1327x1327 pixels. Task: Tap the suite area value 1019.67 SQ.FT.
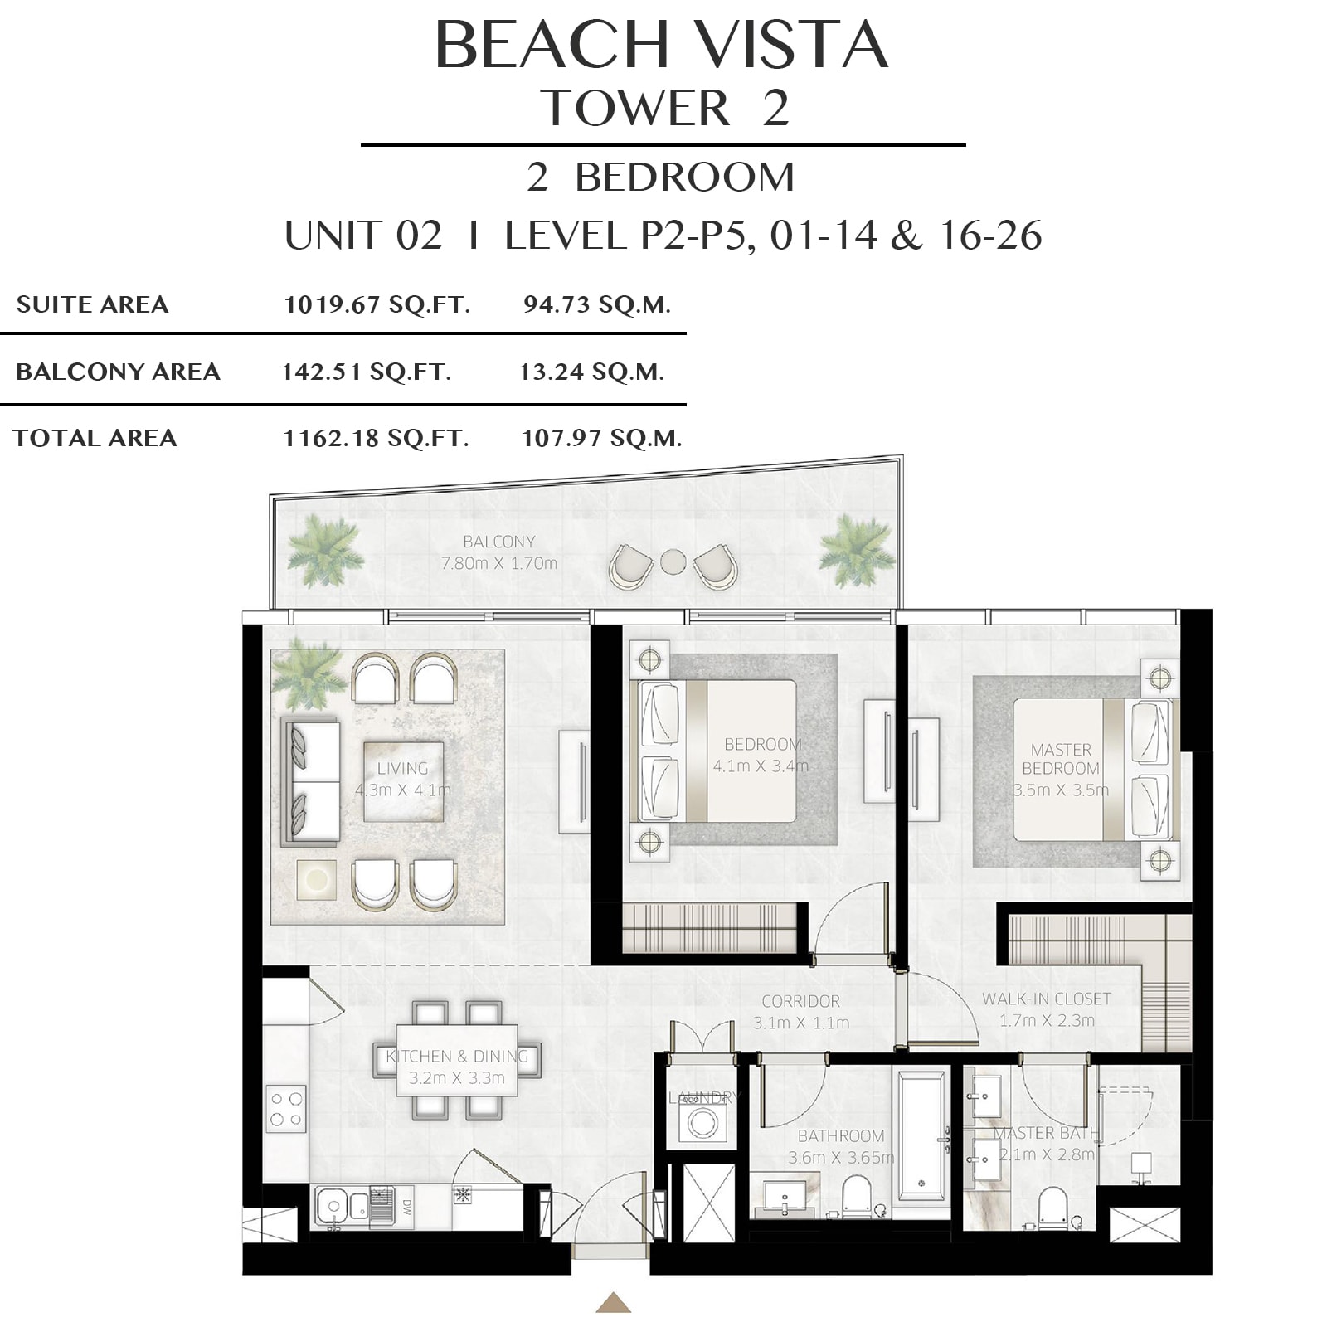[x=377, y=304]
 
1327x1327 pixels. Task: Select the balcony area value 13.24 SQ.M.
[x=592, y=372]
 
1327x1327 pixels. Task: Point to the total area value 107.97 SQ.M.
[x=602, y=438]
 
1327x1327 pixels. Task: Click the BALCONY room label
[x=499, y=542]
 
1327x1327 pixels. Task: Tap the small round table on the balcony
[x=673, y=561]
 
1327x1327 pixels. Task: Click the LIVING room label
[x=403, y=769]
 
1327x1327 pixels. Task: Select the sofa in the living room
[x=311, y=781]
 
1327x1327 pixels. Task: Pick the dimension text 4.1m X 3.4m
[x=761, y=766]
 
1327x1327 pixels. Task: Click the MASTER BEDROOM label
[x=1061, y=759]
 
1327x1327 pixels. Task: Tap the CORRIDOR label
[x=801, y=1001]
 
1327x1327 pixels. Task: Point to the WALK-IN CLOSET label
[x=1047, y=999]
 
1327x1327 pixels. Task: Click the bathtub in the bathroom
[x=921, y=1135]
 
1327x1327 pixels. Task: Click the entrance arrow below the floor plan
[x=613, y=1302]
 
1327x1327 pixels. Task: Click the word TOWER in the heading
[x=635, y=108]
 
